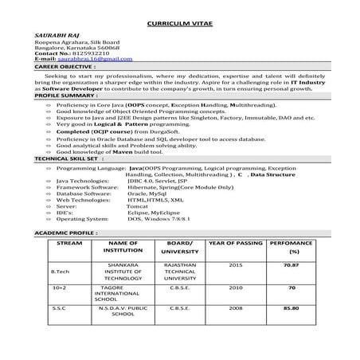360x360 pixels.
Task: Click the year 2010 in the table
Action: point(236,288)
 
